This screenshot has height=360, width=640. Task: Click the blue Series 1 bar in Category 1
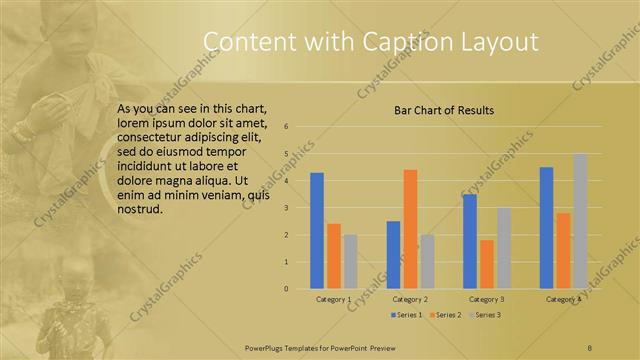pyautogui.click(x=317, y=231)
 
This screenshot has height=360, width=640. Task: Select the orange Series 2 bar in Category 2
pyautogui.click(x=410, y=229)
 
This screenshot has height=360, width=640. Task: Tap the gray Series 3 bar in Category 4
pyautogui.click(x=580, y=221)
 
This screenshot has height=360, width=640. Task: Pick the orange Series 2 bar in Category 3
pyautogui.click(x=487, y=264)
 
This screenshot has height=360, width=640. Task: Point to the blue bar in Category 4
pyautogui.click(x=546, y=228)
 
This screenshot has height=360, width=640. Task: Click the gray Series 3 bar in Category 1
pyautogui.click(x=350, y=262)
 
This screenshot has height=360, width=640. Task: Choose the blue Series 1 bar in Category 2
pyautogui.click(x=393, y=255)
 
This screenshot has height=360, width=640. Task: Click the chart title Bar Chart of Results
pyautogui.click(x=444, y=110)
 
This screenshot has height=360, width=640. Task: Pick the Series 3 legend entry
pyautogui.click(x=486, y=315)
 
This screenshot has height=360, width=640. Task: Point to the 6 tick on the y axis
pyautogui.click(x=286, y=127)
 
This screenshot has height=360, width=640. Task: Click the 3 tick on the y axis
pyautogui.click(x=286, y=208)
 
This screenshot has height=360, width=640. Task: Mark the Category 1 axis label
pyautogui.click(x=333, y=299)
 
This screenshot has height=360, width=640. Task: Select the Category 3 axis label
pyautogui.click(x=487, y=299)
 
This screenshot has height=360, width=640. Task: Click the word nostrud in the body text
pyautogui.click(x=138, y=210)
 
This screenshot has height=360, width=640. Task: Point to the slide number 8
pyautogui.click(x=590, y=345)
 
